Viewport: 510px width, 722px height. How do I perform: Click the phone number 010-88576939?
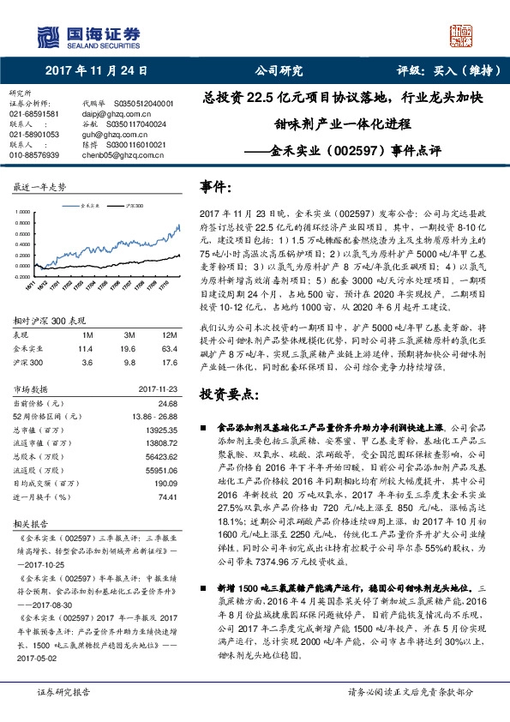click(34, 155)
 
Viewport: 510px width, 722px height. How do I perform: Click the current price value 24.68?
click(168, 378)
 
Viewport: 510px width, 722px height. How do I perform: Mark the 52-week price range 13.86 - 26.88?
click(152, 391)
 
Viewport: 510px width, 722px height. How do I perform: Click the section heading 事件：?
click(217, 186)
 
